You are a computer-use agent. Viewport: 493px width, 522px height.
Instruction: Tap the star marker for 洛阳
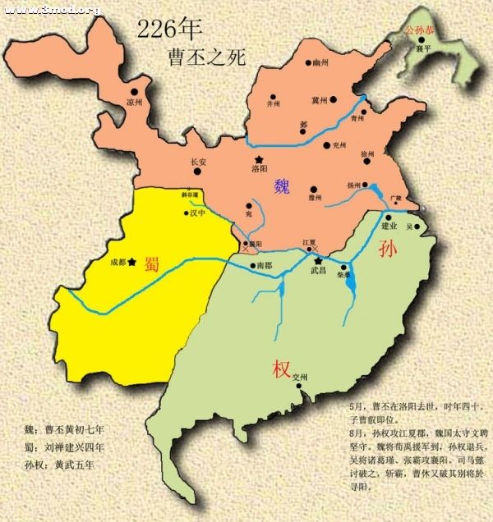(x=260, y=158)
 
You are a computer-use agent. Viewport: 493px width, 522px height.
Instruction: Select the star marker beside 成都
(x=131, y=262)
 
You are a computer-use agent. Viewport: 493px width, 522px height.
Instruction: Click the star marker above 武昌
(x=318, y=260)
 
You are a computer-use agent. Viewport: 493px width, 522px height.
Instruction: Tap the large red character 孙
(x=389, y=250)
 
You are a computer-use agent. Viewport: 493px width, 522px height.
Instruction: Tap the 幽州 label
(x=320, y=62)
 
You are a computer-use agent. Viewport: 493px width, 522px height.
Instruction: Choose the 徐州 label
(x=367, y=153)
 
